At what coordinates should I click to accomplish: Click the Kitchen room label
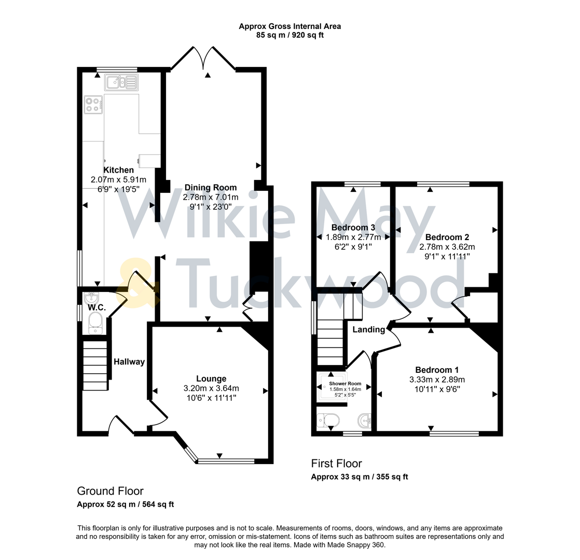click(x=119, y=170)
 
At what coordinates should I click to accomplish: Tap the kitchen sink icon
click(x=120, y=82)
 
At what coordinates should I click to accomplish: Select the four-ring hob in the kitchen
click(x=94, y=105)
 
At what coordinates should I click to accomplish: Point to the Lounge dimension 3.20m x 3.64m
click(x=211, y=388)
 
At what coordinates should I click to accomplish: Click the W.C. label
click(x=96, y=308)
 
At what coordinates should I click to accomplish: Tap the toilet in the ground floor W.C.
click(x=95, y=326)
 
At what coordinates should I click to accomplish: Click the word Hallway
click(x=129, y=362)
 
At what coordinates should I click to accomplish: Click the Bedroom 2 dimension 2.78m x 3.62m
click(x=447, y=247)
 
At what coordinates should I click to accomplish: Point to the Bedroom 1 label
click(x=437, y=370)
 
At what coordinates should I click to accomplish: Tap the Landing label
click(x=369, y=330)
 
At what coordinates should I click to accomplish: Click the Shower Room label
click(x=345, y=383)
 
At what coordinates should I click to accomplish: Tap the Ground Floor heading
click(x=110, y=491)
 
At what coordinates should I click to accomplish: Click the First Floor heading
click(x=336, y=463)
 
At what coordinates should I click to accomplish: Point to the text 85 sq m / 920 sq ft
click(x=289, y=35)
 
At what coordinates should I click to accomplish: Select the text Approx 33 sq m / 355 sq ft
click(x=359, y=477)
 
